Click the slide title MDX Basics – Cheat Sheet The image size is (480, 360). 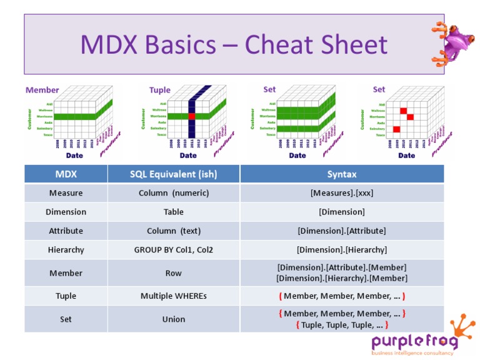[234, 45]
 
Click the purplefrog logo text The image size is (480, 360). [414, 341]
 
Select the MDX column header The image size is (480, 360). [66, 174]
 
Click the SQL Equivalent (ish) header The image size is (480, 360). [173, 174]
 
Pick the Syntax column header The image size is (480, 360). [341, 174]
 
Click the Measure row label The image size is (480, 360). [66, 193]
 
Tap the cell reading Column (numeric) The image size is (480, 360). [173, 193]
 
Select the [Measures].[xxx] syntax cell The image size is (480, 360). [341, 193]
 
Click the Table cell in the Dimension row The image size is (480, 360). [173, 212]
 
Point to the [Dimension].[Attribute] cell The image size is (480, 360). [341, 231]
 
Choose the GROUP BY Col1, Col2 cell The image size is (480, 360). [173, 249]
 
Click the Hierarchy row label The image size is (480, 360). [66, 249]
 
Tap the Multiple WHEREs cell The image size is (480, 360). [173, 296]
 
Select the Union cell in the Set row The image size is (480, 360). [173, 319]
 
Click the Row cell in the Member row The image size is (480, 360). [173, 273]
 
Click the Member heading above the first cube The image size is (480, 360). [42, 90]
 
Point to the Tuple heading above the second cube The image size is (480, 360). [159, 90]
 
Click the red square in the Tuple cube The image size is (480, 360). [192, 116]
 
